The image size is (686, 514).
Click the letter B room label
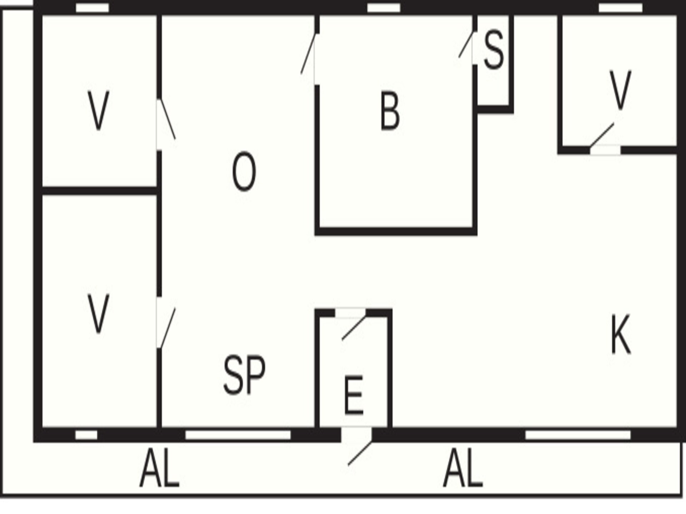(390, 111)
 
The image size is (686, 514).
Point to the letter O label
(244, 171)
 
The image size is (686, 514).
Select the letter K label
(621, 334)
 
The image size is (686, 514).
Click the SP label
(244, 375)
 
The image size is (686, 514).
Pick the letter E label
(353, 395)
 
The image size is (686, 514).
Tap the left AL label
(159, 468)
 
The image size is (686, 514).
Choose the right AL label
(463, 468)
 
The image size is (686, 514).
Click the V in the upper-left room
(98, 110)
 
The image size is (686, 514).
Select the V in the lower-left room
(98, 314)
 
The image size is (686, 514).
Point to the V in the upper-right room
(620, 90)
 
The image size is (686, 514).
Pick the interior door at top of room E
(352, 324)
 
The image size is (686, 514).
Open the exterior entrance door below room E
(357, 446)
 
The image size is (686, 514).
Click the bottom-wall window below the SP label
(238, 435)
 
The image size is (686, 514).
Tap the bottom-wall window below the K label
(578, 435)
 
